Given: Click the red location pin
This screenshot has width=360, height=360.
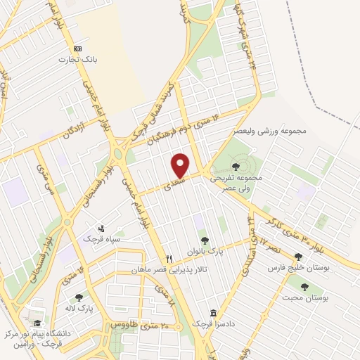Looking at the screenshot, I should (x=181, y=165).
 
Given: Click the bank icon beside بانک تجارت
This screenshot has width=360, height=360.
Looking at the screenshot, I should (x=78, y=49).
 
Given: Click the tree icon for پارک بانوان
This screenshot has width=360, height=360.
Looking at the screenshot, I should (x=205, y=241).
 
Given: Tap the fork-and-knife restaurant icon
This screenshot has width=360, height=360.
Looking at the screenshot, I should (x=169, y=259).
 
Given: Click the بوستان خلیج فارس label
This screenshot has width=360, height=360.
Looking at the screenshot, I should (x=298, y=269).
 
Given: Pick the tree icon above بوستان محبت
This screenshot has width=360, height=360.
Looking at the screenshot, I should (x=304, y=286).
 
